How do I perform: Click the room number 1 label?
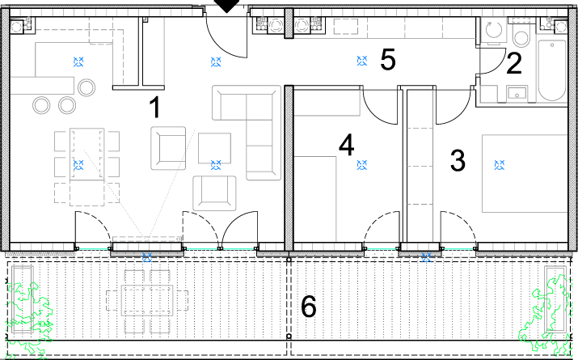155,107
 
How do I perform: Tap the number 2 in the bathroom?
514,63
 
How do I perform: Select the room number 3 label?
458,160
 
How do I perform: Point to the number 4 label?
347,145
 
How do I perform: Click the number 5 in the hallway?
388,59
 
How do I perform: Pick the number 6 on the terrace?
309,306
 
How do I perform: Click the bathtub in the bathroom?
551,70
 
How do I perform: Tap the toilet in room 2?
521,34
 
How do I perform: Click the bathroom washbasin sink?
517,93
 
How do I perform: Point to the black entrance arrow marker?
227,6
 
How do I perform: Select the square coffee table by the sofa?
214,148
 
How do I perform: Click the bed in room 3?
525,173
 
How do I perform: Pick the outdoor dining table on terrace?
147,300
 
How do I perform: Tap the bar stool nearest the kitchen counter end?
86,88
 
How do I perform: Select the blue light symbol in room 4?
362,165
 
